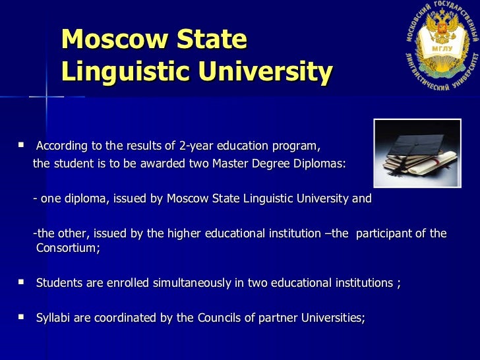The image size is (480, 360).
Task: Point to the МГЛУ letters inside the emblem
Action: tap(440, 49)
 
